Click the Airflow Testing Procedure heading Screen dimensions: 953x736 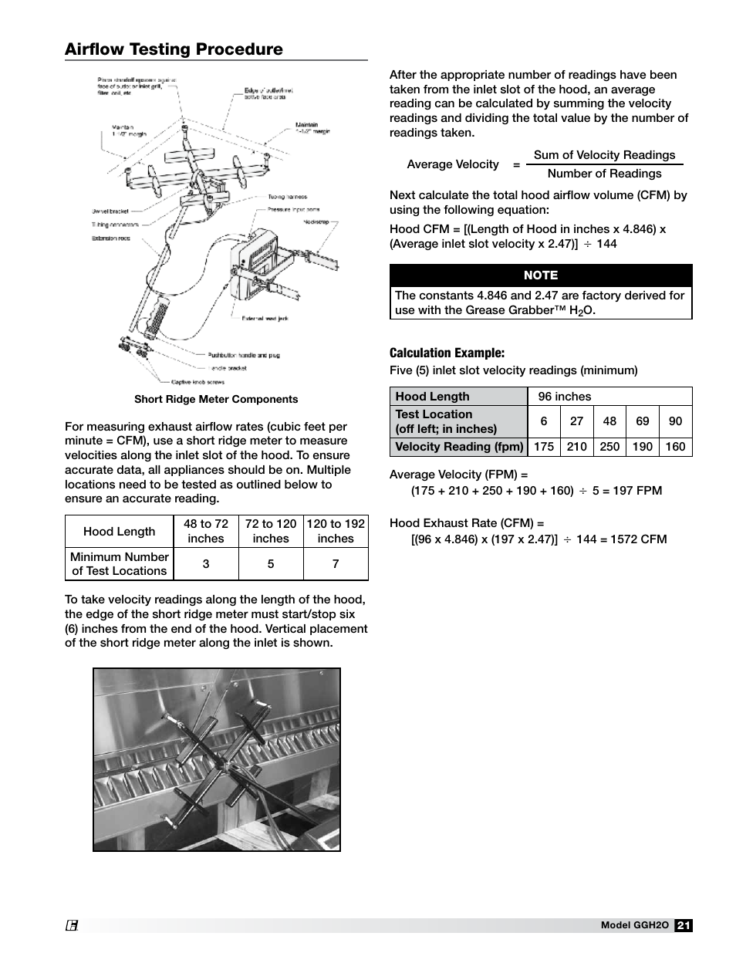click(x=174, y=49)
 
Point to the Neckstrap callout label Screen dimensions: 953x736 click(x=314, y=221)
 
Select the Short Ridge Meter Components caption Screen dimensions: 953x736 click(x=216, y=399)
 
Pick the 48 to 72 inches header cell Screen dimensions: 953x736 click(x=206, y=531)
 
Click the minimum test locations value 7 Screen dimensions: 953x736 click(x=336, y=564)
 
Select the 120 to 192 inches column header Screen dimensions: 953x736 click(x=336, y=531)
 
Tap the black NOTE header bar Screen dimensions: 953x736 click(x=540, y=275)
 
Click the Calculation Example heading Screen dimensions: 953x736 click(x=447, y=353)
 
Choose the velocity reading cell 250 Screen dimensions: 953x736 click(x=609, y=447)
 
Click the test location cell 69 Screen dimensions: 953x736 click(x=643, y=421)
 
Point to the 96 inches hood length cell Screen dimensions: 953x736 click(x=565, y=397)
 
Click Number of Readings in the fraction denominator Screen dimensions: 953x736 click(x=604, y=174)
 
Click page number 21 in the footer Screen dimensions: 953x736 click(x=684, y=926)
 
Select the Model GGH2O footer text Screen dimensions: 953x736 click(x=634, y=926)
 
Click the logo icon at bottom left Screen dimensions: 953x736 click(x=73, y=926)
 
